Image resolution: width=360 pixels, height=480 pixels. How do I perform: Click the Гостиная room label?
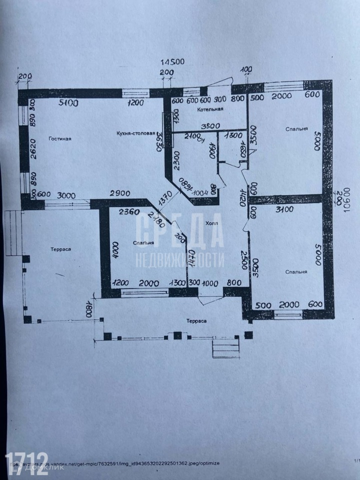pos(60,138)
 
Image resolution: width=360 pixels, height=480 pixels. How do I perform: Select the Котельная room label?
pos(210,108)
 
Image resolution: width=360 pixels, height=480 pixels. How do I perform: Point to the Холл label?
pos(212,223)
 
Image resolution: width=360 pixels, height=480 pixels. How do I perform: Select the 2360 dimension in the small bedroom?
pos(128,211)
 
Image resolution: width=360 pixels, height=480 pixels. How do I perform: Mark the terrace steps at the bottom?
pos(223,346)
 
